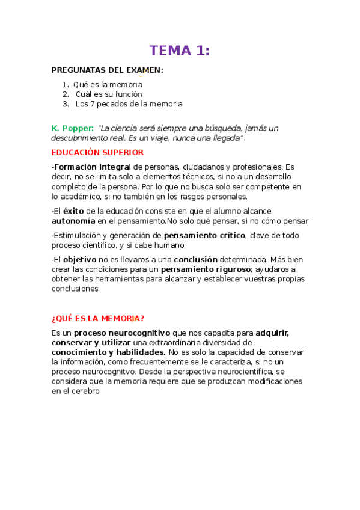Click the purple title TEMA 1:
pyautogui.click(x=180, y=51)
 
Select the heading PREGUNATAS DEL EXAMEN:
pyautogui.click(x=107, y=70)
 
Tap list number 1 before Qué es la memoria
pyautogui.click(x=66, y=85)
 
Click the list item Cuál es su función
pyautogui.click(x=109, y=94)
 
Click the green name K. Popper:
pyautogui.click(x=72, y=128)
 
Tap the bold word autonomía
pyautogui.click(x=73, y=221)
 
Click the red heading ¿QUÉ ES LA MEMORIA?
pyautogui.click(x=98, y=318)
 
